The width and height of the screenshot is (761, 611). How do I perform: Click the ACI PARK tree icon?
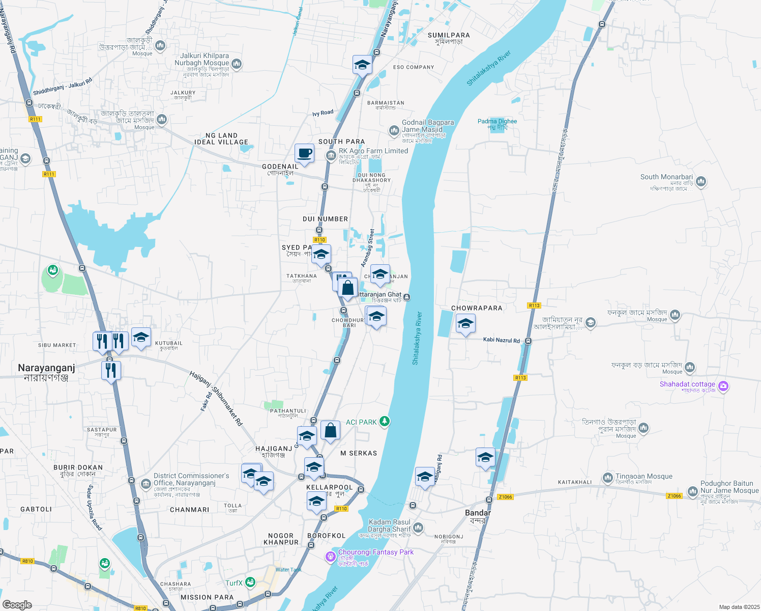pos(385,422)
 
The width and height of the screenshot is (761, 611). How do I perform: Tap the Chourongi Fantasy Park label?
pos(376,552)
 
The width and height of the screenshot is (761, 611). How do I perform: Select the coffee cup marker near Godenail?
pos(304,153)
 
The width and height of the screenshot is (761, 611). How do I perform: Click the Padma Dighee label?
pos(497,121)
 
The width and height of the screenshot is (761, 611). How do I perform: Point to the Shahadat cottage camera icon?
pos(723,386)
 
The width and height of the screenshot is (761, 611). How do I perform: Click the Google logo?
pos(17,604)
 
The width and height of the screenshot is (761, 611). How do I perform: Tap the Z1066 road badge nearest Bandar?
pos(505,497)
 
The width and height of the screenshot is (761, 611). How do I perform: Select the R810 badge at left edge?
pos(27,561)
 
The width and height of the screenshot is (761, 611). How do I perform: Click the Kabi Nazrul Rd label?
pos(502,340)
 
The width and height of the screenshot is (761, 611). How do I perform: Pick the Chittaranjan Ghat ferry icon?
pos(407,297)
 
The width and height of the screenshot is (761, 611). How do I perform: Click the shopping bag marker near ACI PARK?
pos(330,431)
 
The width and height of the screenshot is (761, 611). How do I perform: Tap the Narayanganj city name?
pos(46,368)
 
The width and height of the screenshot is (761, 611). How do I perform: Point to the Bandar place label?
pos(478,513)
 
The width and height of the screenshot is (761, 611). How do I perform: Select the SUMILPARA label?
pos(449,35)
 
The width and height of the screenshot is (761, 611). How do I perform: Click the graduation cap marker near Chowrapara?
pos(465,324)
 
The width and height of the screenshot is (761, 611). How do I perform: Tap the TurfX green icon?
pos(250,581)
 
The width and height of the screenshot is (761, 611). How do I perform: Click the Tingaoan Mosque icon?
pos(607,478)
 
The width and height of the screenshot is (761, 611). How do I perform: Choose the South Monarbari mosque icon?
pos(701,181)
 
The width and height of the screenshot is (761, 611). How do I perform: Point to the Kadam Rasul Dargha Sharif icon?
pos(418,527)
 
